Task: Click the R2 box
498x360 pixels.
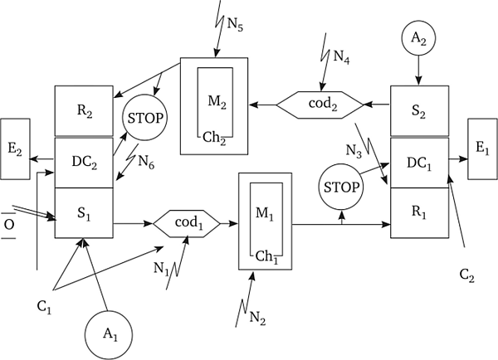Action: (84, 111)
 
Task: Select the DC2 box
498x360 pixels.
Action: (84, 163)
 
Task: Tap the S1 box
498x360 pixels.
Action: (84, 212)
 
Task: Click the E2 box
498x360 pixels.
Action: (15, 149)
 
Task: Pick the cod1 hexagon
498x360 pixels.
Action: (187, 223)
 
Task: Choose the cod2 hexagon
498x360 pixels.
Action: (320, 105)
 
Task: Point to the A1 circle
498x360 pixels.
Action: (110, 334)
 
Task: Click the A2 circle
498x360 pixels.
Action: (418, 38)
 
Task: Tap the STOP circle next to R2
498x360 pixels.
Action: (145, 118)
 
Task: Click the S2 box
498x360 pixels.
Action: (419, 111)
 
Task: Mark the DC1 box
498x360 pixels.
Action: (419, 163)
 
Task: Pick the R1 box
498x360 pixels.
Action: (419, 212)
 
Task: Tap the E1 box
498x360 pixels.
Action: (482, 148)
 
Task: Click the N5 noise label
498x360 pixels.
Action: (235, 24)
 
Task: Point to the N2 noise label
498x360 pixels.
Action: (257, 318)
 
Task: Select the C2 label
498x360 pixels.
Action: (466, 275)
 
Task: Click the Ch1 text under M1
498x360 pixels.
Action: (266, 256)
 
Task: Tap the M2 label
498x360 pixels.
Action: (217, 102)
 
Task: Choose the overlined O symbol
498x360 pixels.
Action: (9, 225)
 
